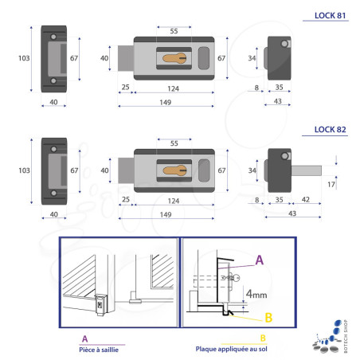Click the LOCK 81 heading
click(330, 16)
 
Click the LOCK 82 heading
click(330, 130)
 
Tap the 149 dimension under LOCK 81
click(166, 102)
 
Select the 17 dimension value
click(331, 184)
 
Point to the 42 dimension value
click(306, 199)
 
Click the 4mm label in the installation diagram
click(256, 294)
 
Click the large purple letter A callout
click(260, 260)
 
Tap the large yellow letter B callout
click(268, 318)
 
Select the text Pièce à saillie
click(99, 350)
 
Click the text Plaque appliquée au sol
click(232, 349)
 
